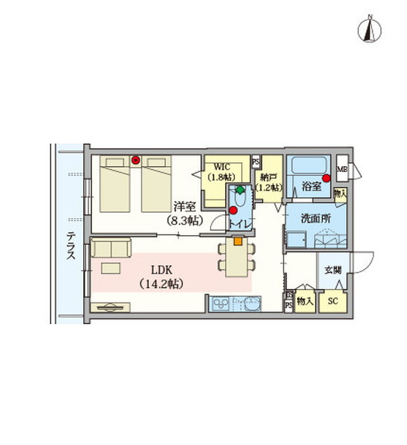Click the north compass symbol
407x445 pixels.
[369, 29]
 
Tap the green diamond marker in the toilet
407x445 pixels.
[240, 190]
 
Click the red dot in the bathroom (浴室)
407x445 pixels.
[326, 178]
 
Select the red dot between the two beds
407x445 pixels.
[136, 160]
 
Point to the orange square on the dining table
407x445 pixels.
[238, 241]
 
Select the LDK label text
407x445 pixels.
[161, 270]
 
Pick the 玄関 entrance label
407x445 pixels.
[333, 270]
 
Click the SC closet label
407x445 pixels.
[333, 301]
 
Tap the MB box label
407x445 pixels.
[342, 169]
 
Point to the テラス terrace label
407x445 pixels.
[71, 245]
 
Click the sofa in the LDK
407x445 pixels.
[111, 248]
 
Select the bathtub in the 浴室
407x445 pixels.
[308, 165]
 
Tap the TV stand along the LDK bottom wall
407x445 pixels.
[110, 307]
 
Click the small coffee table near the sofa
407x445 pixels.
[111, 268]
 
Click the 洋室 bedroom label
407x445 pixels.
[185, 207]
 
